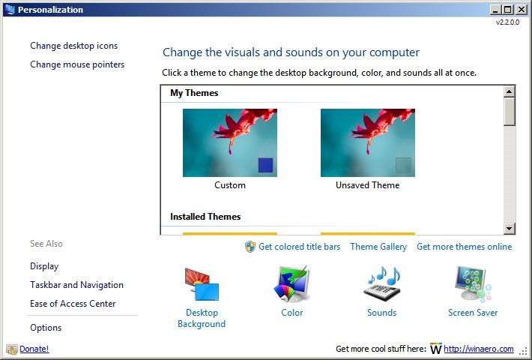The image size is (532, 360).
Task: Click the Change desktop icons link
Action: pyautogui.click(x=74, y=46)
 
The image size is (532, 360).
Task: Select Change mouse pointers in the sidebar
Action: pyautogui.click(x=77, y=64)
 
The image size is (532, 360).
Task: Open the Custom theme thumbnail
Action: pyautogui.click(x=230, y=142)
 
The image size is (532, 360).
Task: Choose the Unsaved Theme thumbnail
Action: pyautogui.click(x=368, y=142)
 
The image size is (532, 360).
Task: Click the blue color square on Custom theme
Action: pyautogui.click(x=265, y=165)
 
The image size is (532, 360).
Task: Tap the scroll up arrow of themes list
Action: pyautogui.click(x=509, y=91)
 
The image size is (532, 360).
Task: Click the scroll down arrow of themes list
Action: pyautogui.click(x=509, y=228)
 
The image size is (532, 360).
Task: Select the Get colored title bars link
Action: pyautogui.click(x=299, y=247)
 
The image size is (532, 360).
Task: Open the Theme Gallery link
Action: pyautogui.click(x=378, y=247)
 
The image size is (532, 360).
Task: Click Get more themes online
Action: pyautogui.click(x=464, y=247)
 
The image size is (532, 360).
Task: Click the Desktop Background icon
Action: pyautogui.click(x=202, y=284)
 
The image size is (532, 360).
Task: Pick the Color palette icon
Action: pyautogui.click(x=291, y=284)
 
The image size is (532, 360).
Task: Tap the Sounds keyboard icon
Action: pyautogui.click(x=381, y=284)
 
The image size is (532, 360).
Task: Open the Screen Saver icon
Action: pyautogui.click(x=473, y=284)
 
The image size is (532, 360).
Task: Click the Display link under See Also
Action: pyautogui.click(x=44, y=266)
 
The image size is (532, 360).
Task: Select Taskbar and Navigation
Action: pyautogui.click(x=76, y=285)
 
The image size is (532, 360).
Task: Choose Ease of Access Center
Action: pyautogui.click(x=73, y=304)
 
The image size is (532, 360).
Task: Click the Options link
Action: pyautogui.click(x=46, y=328)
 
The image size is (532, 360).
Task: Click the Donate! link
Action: pyautogui.click(x=34, y=349)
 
